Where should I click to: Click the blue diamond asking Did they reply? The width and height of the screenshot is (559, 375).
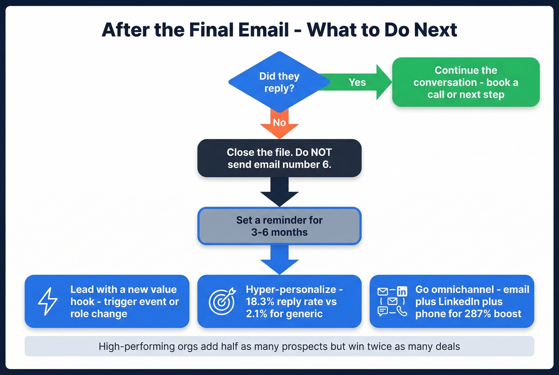(279, 82)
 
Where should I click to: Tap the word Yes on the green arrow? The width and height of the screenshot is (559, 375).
(357, 82)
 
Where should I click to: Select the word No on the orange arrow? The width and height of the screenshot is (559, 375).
(279, 123)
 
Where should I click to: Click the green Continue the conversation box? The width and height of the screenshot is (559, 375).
(466, 82)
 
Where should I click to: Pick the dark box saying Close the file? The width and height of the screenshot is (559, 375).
(279, 158)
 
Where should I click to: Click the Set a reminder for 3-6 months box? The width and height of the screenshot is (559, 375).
(279, 226)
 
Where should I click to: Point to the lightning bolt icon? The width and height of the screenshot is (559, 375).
(48, 301)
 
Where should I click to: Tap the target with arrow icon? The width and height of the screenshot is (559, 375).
(222, 302)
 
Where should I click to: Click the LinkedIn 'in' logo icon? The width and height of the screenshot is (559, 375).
(402, 292)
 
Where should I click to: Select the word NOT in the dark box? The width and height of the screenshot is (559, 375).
(321, 152)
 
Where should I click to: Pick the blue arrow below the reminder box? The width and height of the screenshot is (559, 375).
(279, 260)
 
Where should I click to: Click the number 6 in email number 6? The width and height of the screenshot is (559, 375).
(326, 165)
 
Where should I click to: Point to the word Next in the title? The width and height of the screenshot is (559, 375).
(435, 30)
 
